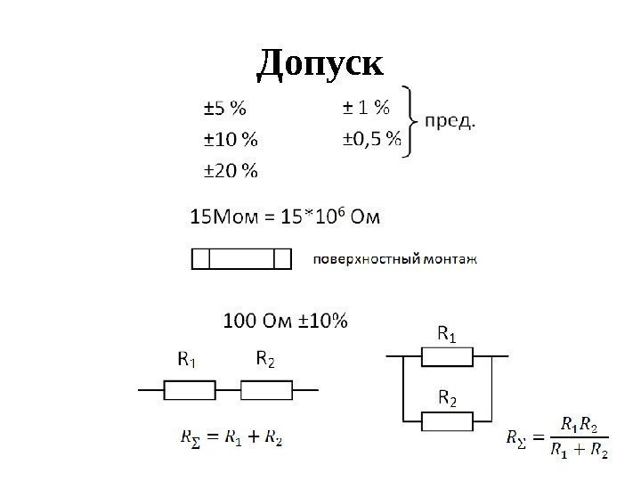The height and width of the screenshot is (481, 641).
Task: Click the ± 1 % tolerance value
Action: click(366, 109)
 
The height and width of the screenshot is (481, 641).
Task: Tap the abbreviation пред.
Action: click(450, 121)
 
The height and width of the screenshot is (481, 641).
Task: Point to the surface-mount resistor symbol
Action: click(242, 259)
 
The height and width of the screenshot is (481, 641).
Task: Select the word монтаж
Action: click(450, 260)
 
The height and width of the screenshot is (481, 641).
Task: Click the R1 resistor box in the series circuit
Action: click(189, 389)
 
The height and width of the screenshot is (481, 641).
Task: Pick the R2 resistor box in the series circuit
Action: click(266, 389)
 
